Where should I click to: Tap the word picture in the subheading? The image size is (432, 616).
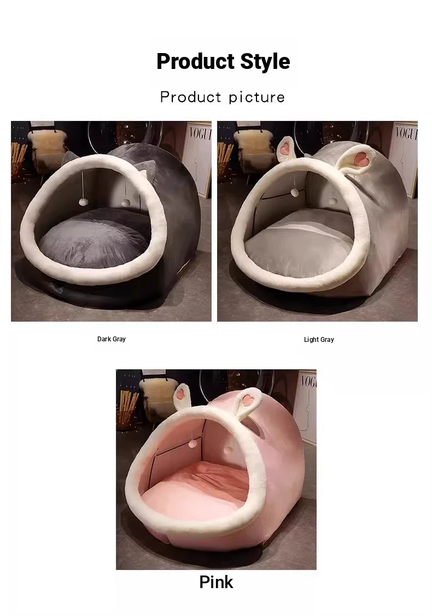[x=256, y=97]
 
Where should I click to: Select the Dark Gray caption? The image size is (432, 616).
[x=112, y=339]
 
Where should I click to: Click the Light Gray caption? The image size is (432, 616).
[x=319, y=339]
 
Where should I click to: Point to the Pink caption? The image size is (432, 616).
[x=216, y=582]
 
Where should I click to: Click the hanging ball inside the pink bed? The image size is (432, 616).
[x=194, y=443]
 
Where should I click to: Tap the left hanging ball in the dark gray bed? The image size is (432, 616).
[x=83, y=202]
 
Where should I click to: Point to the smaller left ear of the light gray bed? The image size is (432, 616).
[x=286, y=149]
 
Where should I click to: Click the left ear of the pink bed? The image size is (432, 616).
[x=182, y=397]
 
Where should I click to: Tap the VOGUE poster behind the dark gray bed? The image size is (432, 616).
[x=197, y=159]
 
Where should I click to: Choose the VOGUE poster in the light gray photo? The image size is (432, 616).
[x=404, y=159]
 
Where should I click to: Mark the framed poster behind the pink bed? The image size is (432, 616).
[x=305, y=406]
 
